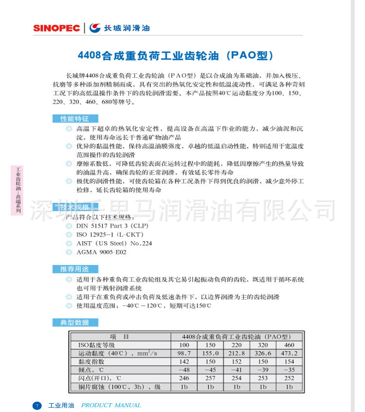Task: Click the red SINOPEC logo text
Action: tap(56, 28)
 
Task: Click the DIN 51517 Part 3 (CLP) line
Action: tap(112, 226)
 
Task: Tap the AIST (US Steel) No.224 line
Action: tap(114, 243)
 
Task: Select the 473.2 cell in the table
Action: tap(289, 354)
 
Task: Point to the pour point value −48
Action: tap(184, 370)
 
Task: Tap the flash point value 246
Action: tap(184, 378)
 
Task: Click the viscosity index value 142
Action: tap(184, 362)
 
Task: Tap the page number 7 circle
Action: tap(37, 405)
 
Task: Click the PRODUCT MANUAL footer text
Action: tap(111, 405)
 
